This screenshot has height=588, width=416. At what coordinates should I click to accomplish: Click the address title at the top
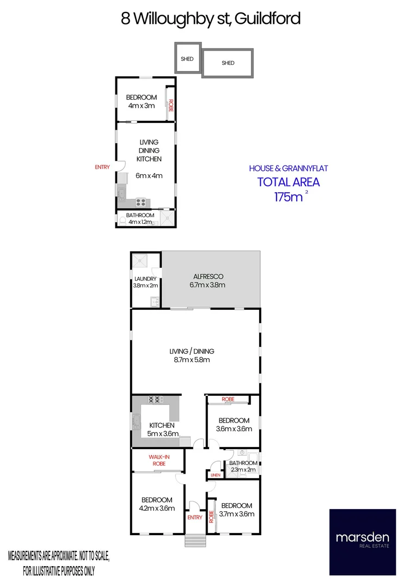(211, 19)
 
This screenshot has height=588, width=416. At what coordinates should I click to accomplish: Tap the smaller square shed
(187, 58)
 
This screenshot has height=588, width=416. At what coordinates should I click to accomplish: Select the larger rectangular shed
(228, 63)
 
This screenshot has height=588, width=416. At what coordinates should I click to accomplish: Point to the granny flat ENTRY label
(102, 167)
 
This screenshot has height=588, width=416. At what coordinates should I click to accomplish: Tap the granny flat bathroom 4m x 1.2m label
(140, 219)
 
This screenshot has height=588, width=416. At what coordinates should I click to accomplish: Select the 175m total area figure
(289, 197)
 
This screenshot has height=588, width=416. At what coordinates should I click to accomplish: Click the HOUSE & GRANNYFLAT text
(288, 168)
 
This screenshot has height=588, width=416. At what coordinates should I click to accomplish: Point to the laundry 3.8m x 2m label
(145, 282)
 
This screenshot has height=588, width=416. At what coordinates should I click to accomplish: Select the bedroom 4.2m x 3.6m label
(157, 504)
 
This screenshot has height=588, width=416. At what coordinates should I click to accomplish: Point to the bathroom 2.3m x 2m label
(243, 467)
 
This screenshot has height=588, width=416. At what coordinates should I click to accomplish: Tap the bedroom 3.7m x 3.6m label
(236, 510)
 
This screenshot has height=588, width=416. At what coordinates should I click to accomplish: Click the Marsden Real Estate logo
(362, 542)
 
